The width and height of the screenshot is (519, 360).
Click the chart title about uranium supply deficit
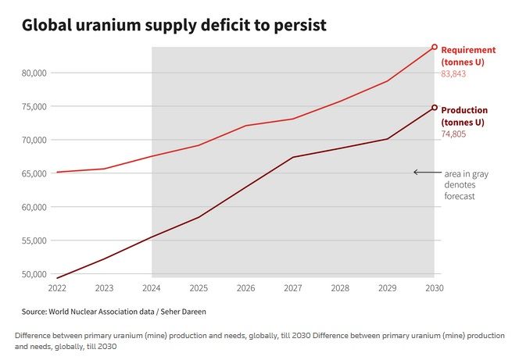174,26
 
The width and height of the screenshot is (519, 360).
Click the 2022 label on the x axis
57,288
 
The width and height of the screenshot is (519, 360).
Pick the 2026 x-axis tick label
245,288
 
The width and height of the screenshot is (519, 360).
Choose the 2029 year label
387,288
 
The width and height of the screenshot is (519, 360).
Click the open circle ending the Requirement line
435,48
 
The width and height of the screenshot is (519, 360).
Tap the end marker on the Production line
435,108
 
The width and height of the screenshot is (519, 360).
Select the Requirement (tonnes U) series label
467,55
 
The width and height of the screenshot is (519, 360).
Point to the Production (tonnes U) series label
464,116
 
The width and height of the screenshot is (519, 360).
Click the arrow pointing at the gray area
426,172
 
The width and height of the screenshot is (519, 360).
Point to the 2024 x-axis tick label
152,288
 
